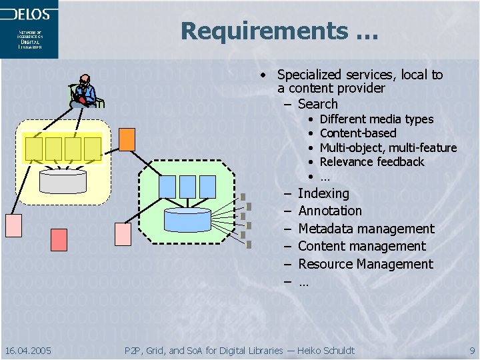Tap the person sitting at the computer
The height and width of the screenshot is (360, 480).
pos(85,91)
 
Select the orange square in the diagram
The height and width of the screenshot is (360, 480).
pos(127,139)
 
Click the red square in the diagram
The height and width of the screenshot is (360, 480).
pos(59,239)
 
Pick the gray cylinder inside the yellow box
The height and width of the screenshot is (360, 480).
pos(63,179)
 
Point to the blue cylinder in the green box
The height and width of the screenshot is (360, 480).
pos(187,218)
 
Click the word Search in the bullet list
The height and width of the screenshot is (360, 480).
pos(318,104)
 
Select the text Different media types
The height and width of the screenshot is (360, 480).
pos(377,119)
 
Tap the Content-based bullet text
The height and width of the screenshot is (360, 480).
pos(358,133)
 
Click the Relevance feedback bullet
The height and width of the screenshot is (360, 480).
pos(372,162)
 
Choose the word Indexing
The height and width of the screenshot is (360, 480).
pos(323,193)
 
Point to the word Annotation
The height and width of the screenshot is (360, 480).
pos(330,211)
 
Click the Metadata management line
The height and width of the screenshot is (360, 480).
pos(366,229)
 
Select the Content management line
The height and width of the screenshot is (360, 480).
pos(362,246)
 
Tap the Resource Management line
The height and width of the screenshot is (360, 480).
pos(365,264)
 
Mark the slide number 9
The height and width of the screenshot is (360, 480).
pos(471,350)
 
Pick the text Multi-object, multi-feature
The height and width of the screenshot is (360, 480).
pos(388,148)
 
